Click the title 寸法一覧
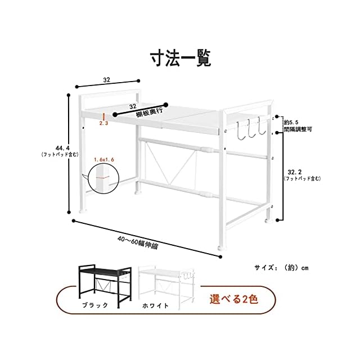[181, 57]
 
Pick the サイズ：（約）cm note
[281, 267]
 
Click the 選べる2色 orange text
[234, 299]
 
